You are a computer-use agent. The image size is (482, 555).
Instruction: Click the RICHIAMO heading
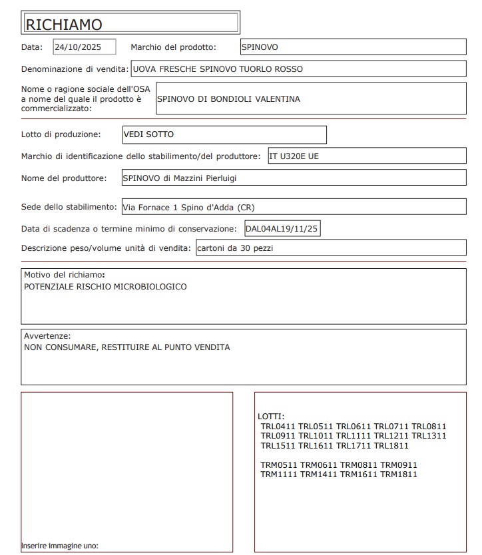coord(64,25)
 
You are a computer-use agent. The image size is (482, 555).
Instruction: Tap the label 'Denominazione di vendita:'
coord(75,69)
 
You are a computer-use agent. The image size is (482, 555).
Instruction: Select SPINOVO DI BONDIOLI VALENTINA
coord(228,99)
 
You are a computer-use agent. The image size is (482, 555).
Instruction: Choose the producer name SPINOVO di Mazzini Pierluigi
coord(180,178)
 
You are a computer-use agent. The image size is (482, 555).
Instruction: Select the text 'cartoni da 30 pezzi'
coord(236,248)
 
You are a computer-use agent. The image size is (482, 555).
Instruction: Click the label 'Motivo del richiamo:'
coord(65,275)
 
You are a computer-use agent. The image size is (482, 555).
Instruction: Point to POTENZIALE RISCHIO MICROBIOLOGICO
coord(105,287)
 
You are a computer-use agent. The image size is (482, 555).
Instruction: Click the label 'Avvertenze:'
coord(47,336)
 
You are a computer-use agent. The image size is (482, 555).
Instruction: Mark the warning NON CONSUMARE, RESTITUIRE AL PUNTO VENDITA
coord(127,347)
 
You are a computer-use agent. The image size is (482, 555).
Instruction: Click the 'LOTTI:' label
coord(270,417)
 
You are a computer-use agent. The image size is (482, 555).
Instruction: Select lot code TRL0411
coord(278,427)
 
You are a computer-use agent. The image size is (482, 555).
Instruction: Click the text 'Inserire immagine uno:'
coord(60,546)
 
